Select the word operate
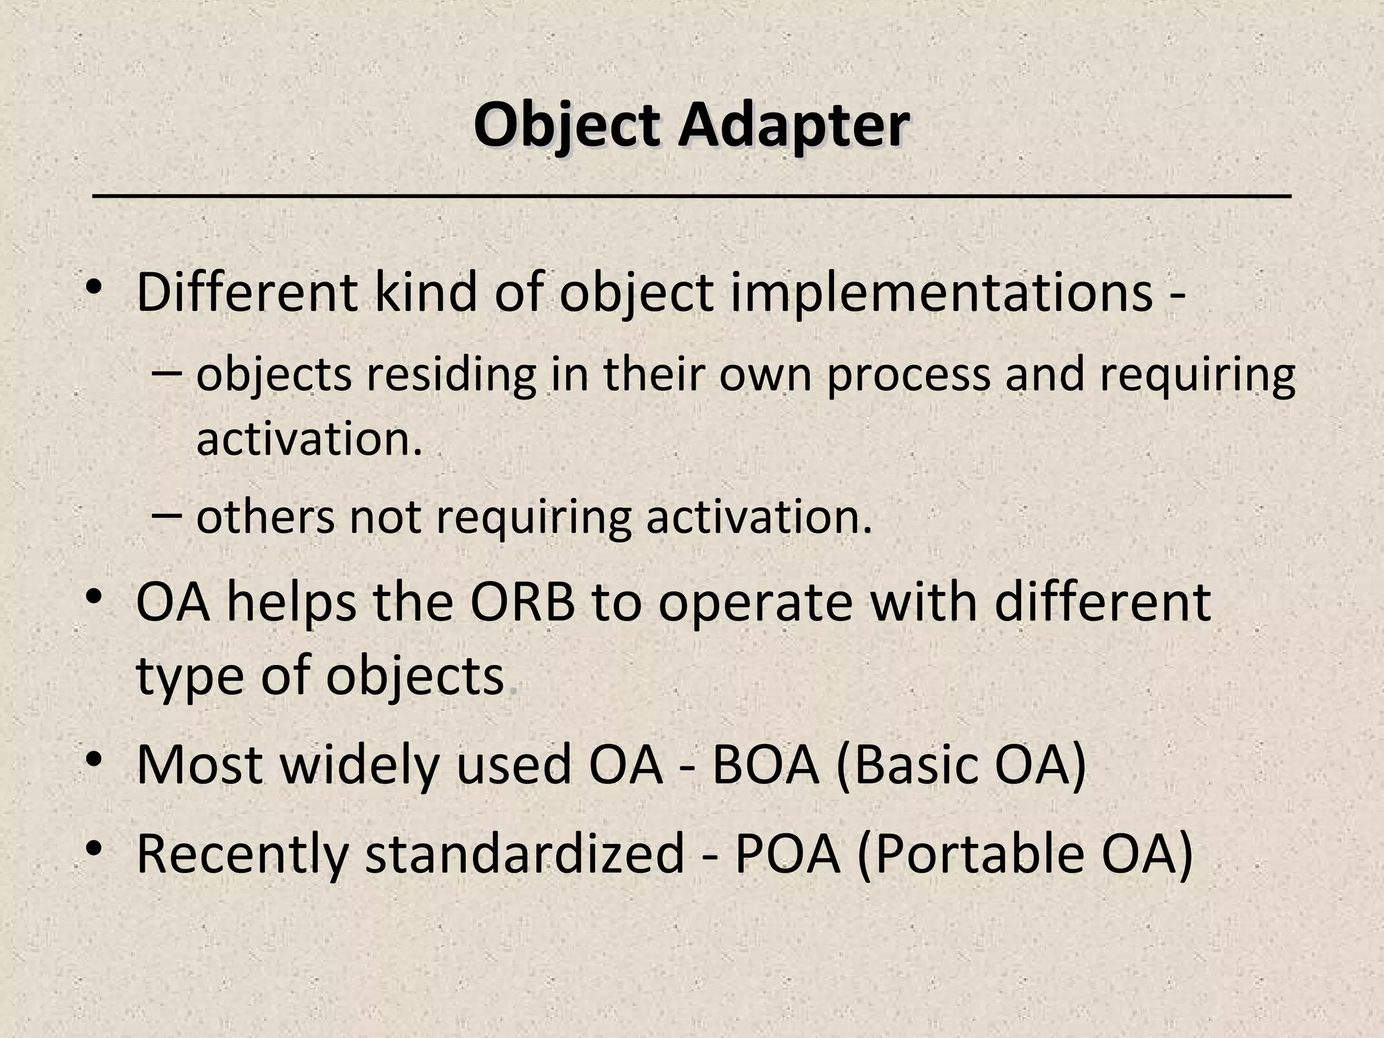[755, 603]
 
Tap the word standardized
[525, 854]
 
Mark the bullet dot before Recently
[94, 848]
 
